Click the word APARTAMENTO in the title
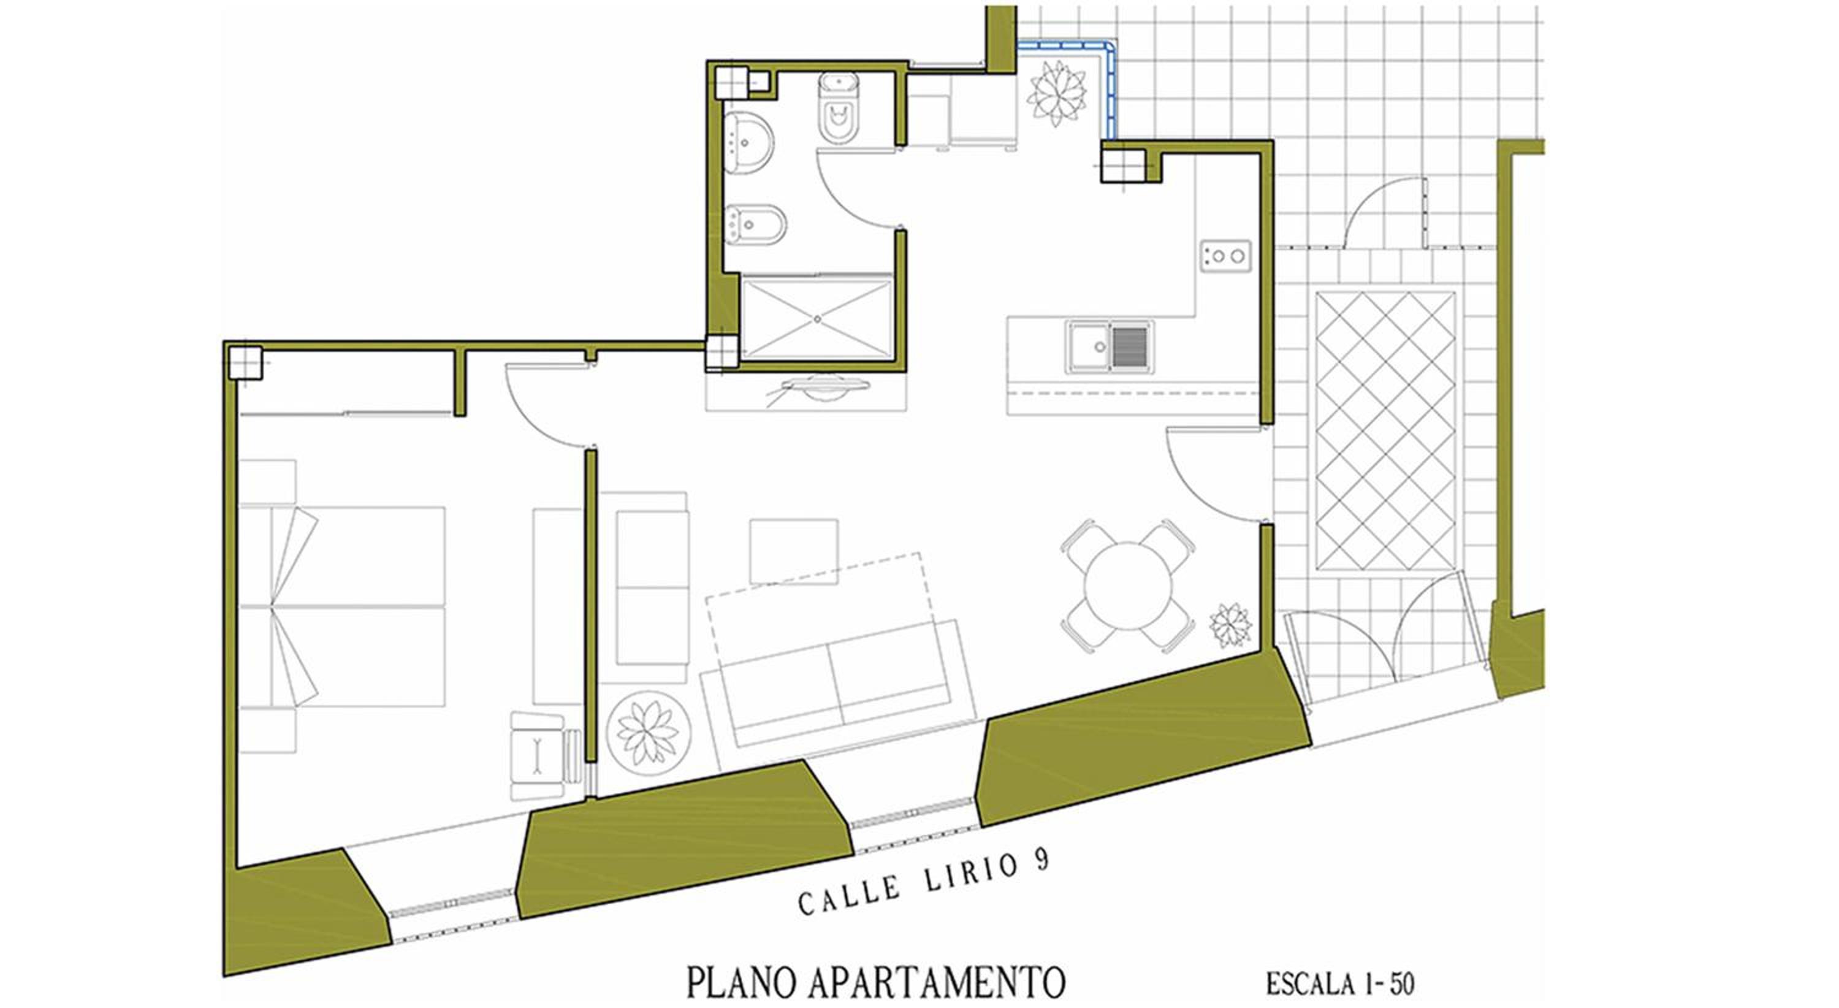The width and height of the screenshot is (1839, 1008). pyautogui.click(x=937, y=982)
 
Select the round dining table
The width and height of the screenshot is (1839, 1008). pyautogui.click(x=1128, y=586)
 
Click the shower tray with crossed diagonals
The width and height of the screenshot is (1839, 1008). pyautogui.click(x=817, y=319)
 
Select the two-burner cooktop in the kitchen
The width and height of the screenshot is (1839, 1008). pyautogui.click(x=1225, y=256)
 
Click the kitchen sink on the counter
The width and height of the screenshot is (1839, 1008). pyautogui.click(x=1110, y=347)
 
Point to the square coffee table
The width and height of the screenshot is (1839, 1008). pyautogui.click(x=793, y=552)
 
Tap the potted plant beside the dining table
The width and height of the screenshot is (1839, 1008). pyautogui.click(x=1230, y=626)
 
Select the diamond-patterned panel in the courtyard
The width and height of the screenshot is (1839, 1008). pyautogui.click(x=1385, y=431)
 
